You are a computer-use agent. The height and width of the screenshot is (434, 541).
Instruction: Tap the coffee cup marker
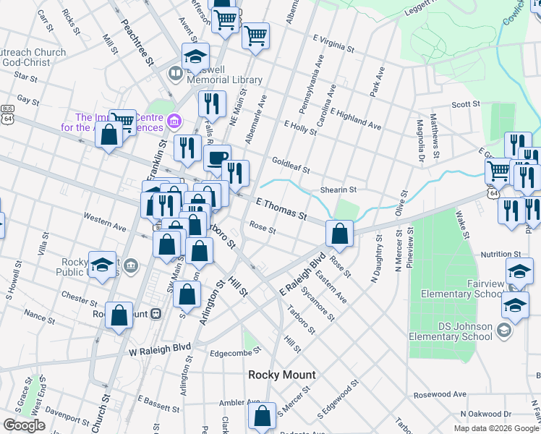217,158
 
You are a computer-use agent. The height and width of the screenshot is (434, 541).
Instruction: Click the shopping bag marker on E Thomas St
339,233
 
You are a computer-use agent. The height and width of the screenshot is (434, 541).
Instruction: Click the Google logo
24,425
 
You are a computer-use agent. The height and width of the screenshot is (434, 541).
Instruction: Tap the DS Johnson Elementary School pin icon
504,331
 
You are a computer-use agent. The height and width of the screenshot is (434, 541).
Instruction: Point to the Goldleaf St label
291,166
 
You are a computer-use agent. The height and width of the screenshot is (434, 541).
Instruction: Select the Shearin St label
338,190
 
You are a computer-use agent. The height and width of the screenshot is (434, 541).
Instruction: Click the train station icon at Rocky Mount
156,315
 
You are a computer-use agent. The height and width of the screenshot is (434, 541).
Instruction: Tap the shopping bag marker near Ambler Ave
262,416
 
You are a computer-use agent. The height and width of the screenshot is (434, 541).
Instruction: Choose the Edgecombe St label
234,354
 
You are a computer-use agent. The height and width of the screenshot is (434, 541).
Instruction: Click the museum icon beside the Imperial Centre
174,120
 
